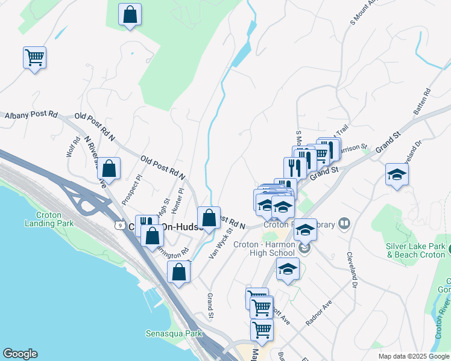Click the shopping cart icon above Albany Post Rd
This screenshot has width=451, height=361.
tap(34, 58)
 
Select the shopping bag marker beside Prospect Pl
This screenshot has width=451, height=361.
tap(109, 168)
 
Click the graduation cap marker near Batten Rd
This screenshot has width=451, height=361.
tap(396, 174)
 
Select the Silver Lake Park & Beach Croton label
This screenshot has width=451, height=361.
tap(416, 250)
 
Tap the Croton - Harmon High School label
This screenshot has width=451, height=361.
tap(273, 248)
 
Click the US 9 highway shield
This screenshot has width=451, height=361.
tap(120, 225)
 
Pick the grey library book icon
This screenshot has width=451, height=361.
tap(344, 224)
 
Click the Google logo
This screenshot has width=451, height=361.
tap(20, 354)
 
